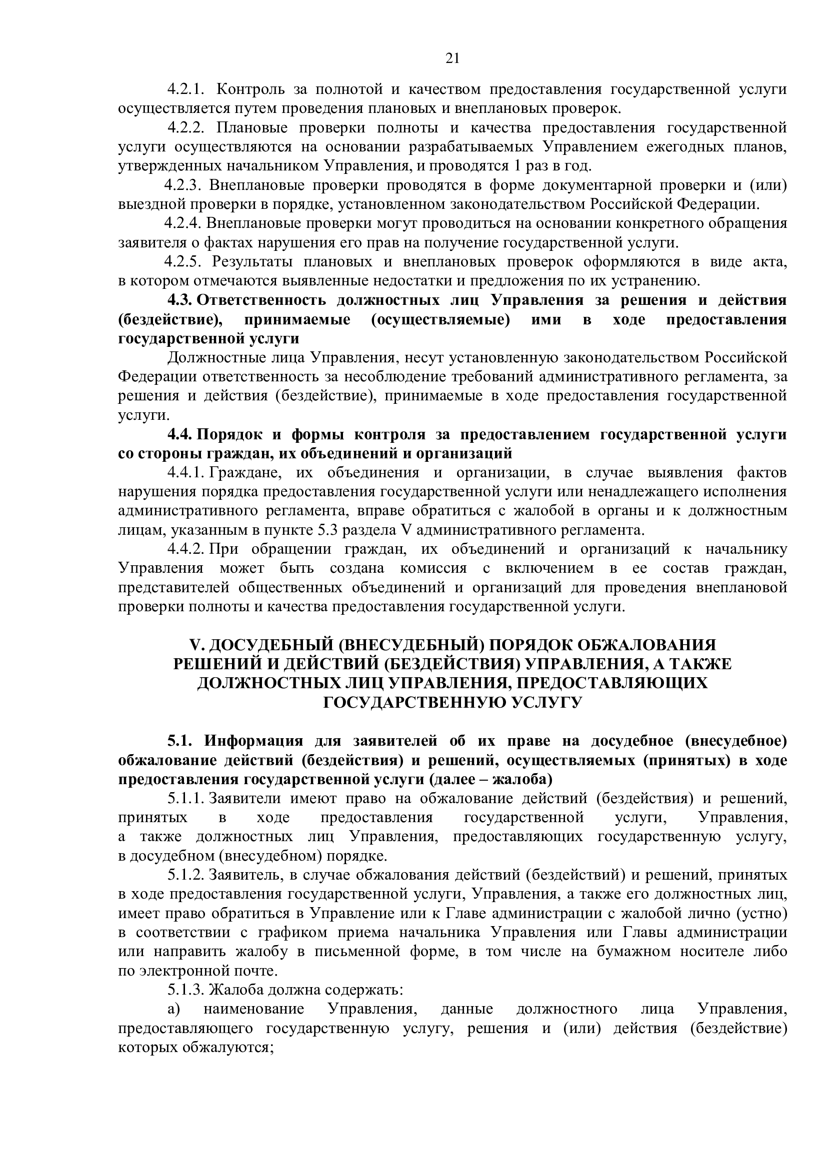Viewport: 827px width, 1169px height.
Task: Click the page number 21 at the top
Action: tap(452, 59)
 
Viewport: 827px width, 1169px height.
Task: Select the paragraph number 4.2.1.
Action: tap(186, 89)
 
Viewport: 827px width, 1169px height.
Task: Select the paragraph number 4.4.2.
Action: tap(186, 549)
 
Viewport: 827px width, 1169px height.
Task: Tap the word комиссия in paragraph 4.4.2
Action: tap(440, 568)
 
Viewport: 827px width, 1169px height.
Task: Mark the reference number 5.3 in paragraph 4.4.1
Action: tap(327, 530)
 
